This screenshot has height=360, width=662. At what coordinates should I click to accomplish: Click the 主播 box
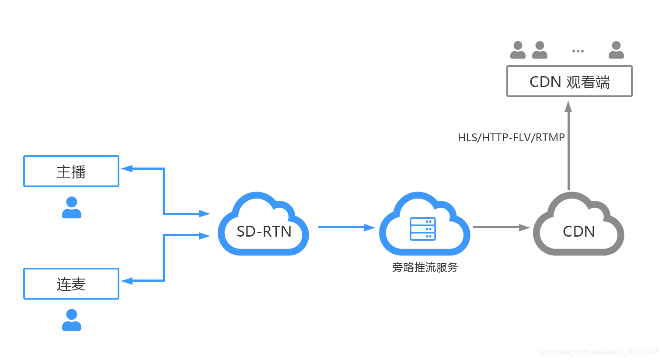pos(71,171)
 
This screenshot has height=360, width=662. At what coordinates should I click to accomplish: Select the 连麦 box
pos(71,284)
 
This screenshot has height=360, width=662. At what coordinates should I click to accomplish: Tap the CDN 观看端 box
pos(569,81)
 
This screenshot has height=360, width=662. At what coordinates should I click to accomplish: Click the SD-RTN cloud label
pos(264,231)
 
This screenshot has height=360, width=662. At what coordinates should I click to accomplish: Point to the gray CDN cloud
pos(578,227)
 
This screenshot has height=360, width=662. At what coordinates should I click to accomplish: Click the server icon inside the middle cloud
pos(423,229)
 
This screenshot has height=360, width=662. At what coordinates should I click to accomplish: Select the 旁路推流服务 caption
pos(425,267)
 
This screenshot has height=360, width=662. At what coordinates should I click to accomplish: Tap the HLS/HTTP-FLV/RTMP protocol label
pos(511,137)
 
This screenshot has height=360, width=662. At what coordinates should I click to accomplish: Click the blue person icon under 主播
pos(72,207)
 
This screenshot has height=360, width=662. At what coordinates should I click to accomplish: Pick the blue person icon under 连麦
pos(72,320)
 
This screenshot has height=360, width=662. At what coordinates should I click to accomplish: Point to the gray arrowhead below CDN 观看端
pos(568,107)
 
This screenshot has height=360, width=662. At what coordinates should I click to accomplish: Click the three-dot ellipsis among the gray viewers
pos(578,51)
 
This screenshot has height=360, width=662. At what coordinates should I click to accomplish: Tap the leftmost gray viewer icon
pos(518,50)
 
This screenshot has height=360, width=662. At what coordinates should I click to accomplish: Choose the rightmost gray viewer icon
pos(616,50)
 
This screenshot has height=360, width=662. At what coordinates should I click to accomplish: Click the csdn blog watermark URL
pos(598,352)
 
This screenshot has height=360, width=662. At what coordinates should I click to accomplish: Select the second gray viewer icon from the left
pos(540,50)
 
